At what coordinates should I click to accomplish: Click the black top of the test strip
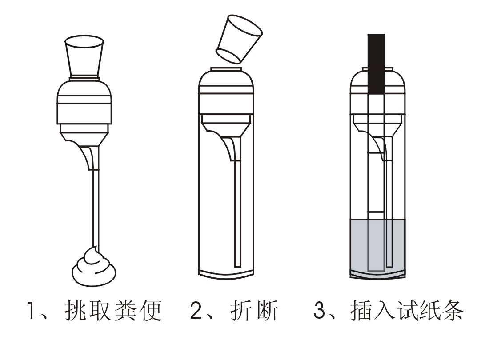376,64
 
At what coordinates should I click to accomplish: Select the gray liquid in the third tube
378,246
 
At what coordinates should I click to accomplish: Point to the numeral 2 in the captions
196,310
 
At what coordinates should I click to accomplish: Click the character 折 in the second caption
241,310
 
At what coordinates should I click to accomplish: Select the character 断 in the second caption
267,310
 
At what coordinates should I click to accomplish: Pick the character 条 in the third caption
453,310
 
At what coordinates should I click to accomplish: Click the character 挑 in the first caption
75,310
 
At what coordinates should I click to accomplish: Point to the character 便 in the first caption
151,310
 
